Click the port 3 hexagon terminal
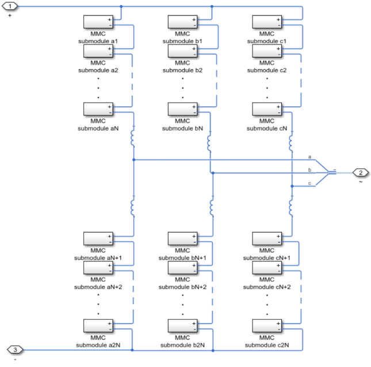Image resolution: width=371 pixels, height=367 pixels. [x=14, y=350]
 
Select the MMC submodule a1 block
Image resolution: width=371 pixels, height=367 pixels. [x=98, y=22]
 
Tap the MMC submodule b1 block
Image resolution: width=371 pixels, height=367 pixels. [x=183, y=22]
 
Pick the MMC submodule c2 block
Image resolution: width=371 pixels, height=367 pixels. [x=267, y=51]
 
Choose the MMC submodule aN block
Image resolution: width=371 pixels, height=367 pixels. [x=98, y=109]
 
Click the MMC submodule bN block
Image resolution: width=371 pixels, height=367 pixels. [x=183, y=109]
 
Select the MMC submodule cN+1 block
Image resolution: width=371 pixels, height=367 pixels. [x=267, y=239]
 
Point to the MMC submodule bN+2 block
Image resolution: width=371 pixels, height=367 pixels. [x=183, y=268]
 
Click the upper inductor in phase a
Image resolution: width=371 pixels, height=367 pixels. [x=133, y=137]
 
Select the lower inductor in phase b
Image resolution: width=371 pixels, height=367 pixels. [x=212, y=206]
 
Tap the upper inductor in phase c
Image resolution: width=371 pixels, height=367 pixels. [x=291, y=140]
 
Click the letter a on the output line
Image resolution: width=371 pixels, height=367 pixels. [x=309, y=157]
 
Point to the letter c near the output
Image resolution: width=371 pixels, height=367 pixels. [x=309, y=183]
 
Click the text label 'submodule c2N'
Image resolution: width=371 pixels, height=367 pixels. [x=267, y=345]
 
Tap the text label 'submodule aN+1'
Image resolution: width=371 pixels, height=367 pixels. [x=98, y=258]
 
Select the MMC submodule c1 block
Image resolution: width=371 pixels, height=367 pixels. [x=267, y=22]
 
